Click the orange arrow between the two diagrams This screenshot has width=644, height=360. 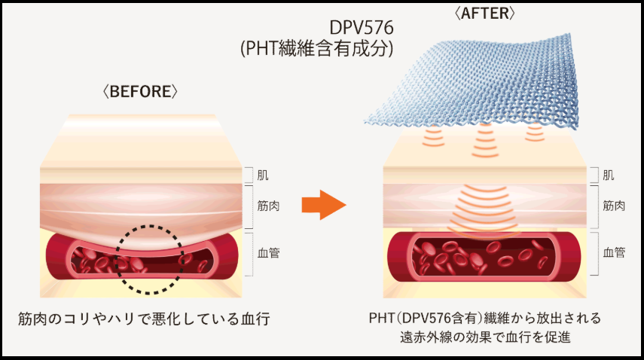[322, 204]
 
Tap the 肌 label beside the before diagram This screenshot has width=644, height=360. [262, 175]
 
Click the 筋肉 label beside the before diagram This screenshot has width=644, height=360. [268, 205]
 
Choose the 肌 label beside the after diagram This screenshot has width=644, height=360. [609, 175]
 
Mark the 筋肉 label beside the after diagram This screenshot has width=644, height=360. [614, 205]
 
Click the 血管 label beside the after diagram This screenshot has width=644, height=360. [614, 253]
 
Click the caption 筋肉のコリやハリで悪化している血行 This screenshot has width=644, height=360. [144, 318]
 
